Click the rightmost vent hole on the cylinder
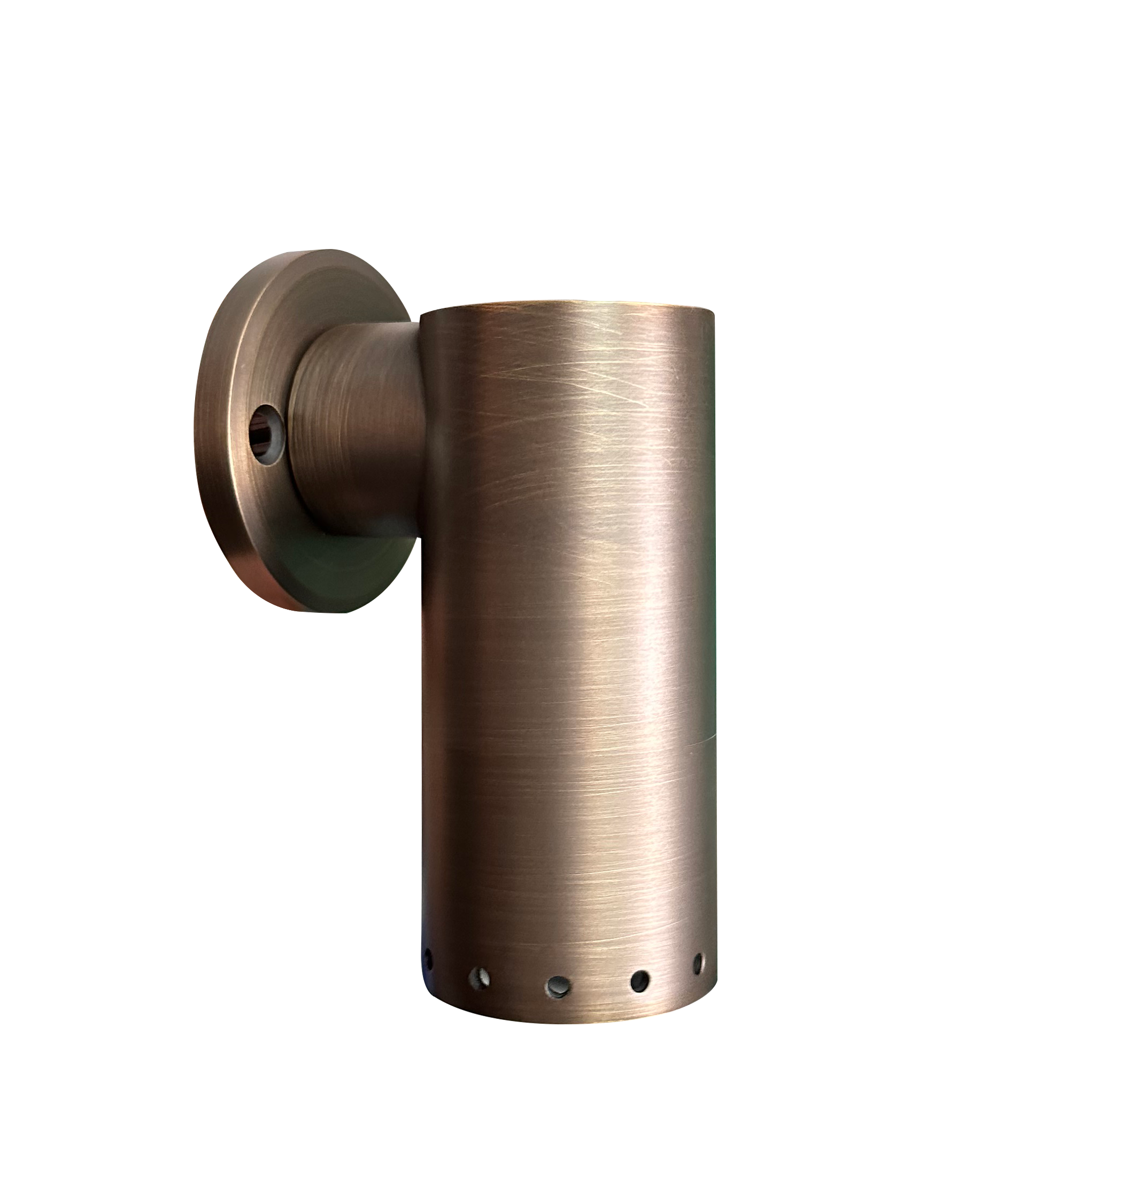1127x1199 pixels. [698, 963]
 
